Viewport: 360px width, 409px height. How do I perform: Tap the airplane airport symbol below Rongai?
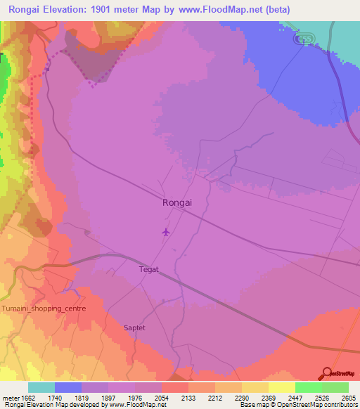(x=165, y=232)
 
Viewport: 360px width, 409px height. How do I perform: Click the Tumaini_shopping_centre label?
(x=44, y=309)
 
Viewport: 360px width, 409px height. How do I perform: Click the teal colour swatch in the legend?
(x=41, y=387)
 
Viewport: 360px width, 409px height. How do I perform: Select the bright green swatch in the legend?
(x=308, y=387)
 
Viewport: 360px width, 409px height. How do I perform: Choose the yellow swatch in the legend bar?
(x=281, y=387)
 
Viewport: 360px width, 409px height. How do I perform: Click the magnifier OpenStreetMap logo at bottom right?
(x=326, y=373)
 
